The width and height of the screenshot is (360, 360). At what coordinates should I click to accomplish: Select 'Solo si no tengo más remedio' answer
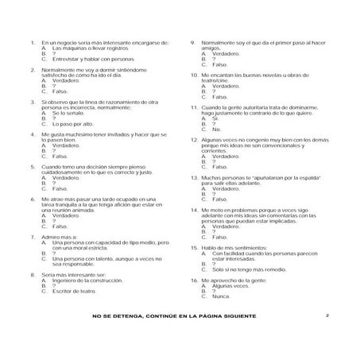click(x=247, y=269)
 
